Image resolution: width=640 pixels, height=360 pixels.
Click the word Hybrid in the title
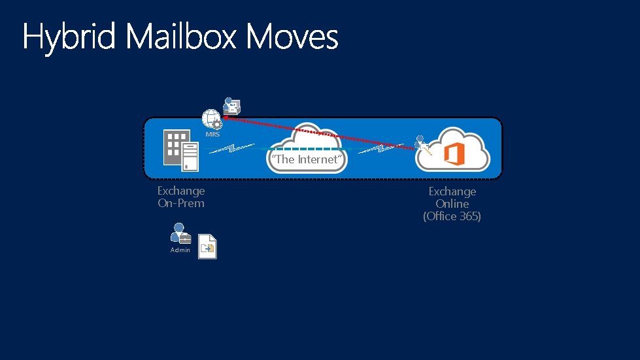(x=69, y=37)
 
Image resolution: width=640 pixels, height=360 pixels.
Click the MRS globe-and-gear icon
(x=212, y=118)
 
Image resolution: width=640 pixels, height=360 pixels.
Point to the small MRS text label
(x=212, y=135)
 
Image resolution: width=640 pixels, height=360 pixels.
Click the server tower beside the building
(x=190, y=157)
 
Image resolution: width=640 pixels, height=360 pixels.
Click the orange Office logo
(x=454, y=155)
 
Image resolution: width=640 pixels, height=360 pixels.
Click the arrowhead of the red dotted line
(x=224, y=118)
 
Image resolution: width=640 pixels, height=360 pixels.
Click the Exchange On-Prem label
(x=181, y=197)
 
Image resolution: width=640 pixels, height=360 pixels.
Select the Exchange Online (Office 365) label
(x=452, y=204)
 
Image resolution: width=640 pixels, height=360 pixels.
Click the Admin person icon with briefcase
(x=179, y=234)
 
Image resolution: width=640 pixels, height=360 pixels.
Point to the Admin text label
(x=180, y=250)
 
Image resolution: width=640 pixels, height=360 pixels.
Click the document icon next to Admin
(x=207, y=246)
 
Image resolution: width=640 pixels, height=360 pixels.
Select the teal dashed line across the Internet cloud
(x=307, y=148)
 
